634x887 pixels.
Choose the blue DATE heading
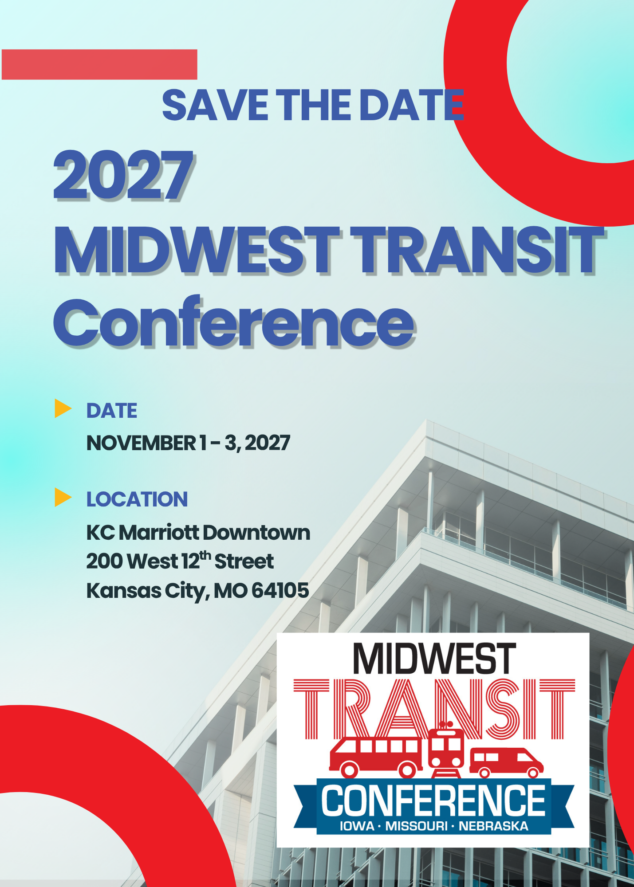tap(112, 411)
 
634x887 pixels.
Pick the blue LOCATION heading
tap(137, 499)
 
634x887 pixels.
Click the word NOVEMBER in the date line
tap(141, 443)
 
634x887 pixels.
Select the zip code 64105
tap(280, 590)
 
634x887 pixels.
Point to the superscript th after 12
tap(205, 555)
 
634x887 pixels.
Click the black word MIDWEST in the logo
tap(434, 659)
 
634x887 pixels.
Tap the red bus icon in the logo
tap(375, 757)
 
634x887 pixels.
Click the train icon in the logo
tap(446, 750)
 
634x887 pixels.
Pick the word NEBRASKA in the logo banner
tap(493, 826)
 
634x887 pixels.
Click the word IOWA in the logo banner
tap(357, 826)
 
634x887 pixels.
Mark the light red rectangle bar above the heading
tap(99, 64)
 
